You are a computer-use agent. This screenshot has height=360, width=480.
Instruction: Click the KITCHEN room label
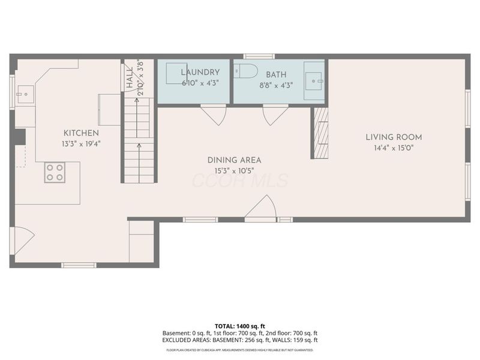click(x=81, y=133)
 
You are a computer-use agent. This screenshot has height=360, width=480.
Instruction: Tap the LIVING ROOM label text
click(x=394, y=137)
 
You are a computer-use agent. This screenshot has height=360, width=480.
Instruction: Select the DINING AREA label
click(x=234, y=160)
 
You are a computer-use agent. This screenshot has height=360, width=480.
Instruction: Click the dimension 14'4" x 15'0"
click(x=394, y=148)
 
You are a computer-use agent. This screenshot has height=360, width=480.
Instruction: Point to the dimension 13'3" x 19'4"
click(x=81, y=144)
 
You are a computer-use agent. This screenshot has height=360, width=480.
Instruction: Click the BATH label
click(x=276, y=74)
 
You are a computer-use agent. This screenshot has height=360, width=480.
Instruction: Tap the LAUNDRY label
click(x=200, y=72)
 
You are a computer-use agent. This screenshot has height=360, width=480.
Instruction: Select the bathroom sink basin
click(x=313, y=81)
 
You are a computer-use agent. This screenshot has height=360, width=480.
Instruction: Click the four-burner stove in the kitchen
click(x=55, y=172)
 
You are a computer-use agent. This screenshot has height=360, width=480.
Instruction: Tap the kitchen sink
click(x=25, y=94)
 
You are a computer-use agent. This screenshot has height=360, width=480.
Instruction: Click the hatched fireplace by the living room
click(x=321, y=133)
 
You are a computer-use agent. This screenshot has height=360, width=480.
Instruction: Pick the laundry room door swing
click(x=214, y=115)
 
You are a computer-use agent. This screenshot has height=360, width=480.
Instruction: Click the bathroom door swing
click(x=275, y=115)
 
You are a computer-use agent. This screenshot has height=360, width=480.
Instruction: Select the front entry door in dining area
click(x=261, y=208)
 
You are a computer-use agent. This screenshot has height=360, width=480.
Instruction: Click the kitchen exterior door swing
click(x=22, y=241)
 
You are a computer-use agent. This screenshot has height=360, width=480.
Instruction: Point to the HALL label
click(x=130, y=78)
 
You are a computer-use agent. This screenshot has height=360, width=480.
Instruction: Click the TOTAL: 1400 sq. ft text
click(x=239, y=326)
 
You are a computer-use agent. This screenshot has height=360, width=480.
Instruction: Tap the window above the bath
click(x=259, y=56)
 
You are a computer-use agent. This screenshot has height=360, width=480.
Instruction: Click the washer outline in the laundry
click(x=177, y=73)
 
